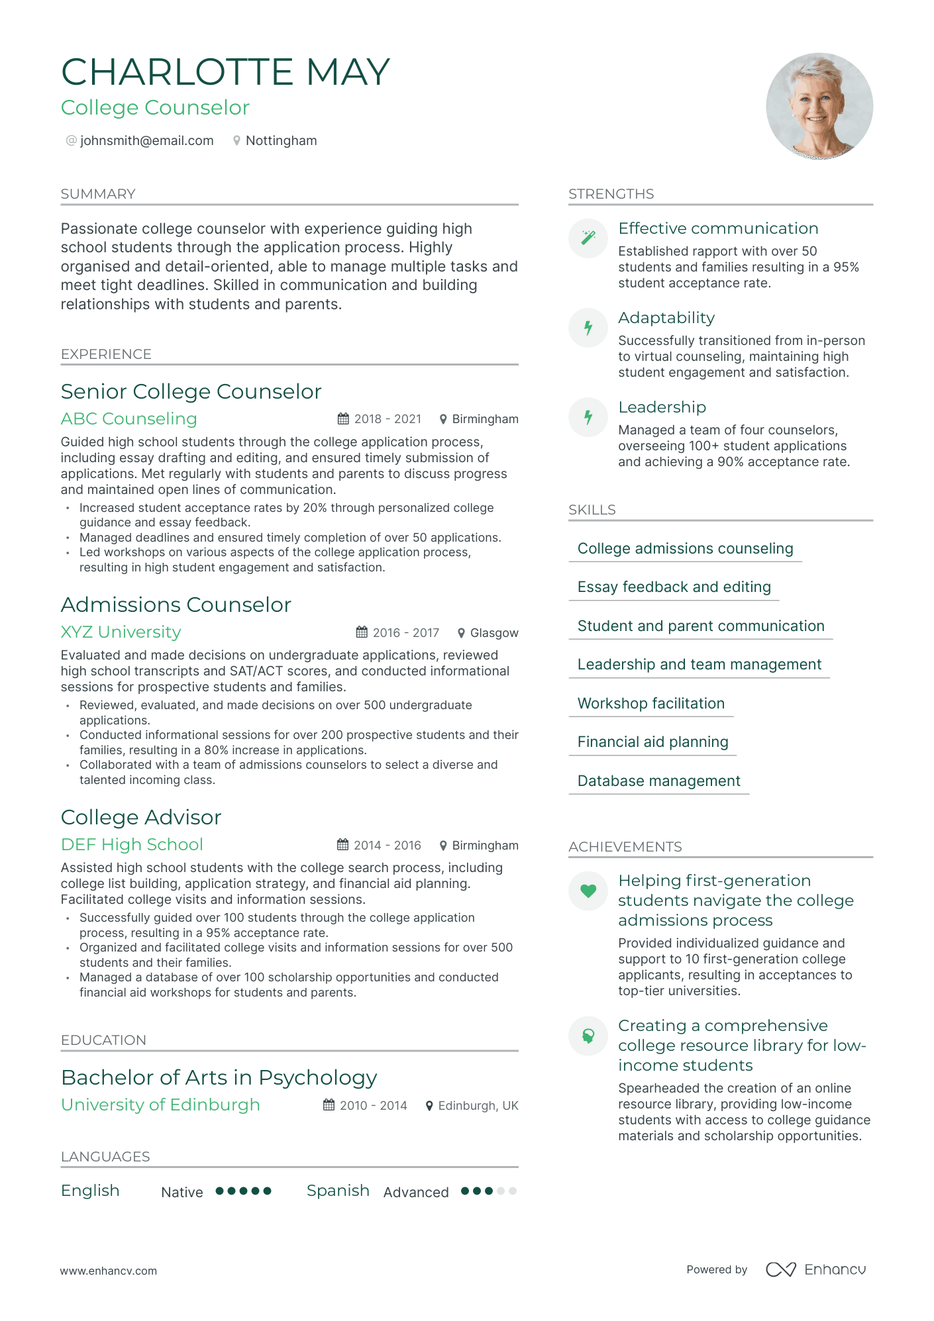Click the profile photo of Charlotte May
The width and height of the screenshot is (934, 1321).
pyautogui.click(x=819, y=107)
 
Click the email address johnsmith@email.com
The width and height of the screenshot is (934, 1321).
pyautogui.click(x=146, y=141)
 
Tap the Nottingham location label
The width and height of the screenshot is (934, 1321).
pyautogui.click(x=281, y=141)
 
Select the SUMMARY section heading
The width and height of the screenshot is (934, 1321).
pyautogui.click(x=98, y=194)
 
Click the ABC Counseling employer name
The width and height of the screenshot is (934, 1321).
pyautogui.click(x=129, y=419)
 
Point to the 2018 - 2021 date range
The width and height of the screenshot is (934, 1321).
pyautogui.click(x=388, y=419)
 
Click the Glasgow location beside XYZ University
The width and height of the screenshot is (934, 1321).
pyautogui.click(x=493, y=633)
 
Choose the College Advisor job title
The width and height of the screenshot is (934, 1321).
pyautogui.click(x=141, y=818)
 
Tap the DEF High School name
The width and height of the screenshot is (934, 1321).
pyautogui.click(x=132, y=845)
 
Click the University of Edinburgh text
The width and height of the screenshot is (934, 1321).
pyautogui.click(x=160, y=1105)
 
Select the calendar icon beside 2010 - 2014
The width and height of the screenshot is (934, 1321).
pyautogui.click(x=329, y=1105)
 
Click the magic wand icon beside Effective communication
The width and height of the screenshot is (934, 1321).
pyautogui.click(x=588, y=238)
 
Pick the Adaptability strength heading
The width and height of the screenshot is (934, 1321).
pyautogui.click(x=666, y=318)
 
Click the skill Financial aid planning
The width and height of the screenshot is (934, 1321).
pyautogui.click(x=652, y=742)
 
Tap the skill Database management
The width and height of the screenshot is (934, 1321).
pyautogui.click(x=658, y=781)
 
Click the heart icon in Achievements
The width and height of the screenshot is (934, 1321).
pyautogui.click(x=588, y=891)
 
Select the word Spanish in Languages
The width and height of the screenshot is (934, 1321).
pyautogui.click(x=338, y=1191)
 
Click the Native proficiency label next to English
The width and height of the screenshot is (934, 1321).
pyautogui.click(x=182, y=1193)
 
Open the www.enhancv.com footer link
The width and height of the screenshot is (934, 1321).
pyautogui.click(x=109, y=1271)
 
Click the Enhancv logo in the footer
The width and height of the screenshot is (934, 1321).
pyautogui.click(x=815, y=1269)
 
